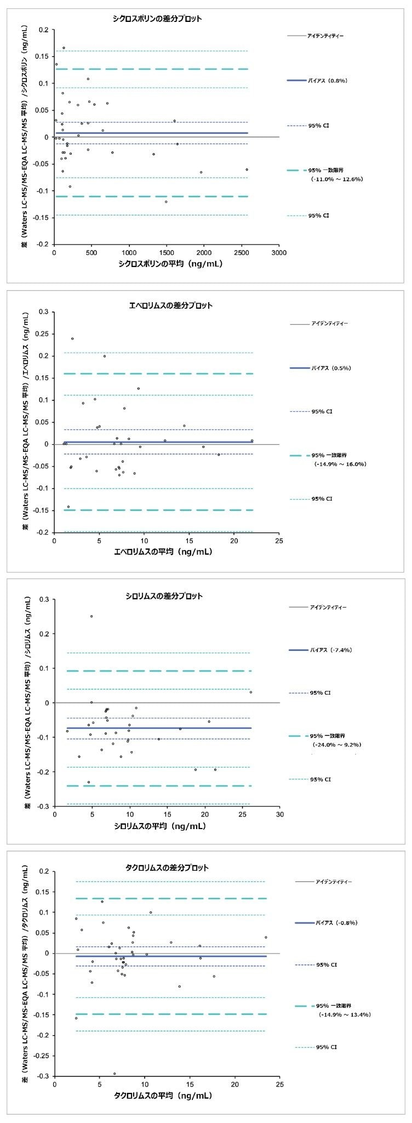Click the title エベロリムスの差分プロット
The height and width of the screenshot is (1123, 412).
[163, 305]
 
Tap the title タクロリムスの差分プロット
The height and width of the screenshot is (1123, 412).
[167, 868]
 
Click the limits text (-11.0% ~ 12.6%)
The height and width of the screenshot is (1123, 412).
[336, 179]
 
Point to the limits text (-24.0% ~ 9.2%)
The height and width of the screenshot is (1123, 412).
[337, 745]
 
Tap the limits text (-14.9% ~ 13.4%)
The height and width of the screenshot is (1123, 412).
[345, 1015]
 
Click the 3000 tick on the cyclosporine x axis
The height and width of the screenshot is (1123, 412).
[279, 253]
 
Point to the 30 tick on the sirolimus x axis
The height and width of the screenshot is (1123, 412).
[279, 815]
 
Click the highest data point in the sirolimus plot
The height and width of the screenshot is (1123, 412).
[91, 616]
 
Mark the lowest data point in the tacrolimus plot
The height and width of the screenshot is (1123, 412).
[115, 1073]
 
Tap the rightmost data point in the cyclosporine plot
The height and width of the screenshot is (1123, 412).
[247, 169]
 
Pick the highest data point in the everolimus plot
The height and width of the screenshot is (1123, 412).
[72, 338]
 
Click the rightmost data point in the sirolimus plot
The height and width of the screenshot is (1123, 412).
[251, 692]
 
